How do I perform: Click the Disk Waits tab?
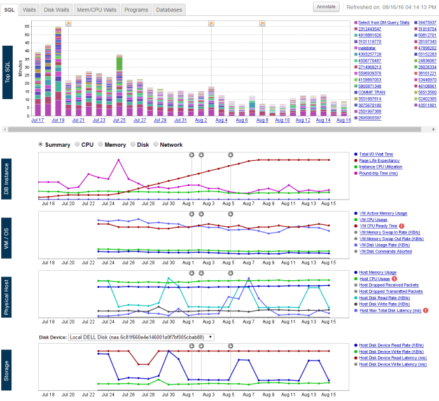56,10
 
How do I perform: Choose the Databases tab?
169,10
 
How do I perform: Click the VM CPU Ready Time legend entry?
378,226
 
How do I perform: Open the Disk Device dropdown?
141,337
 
